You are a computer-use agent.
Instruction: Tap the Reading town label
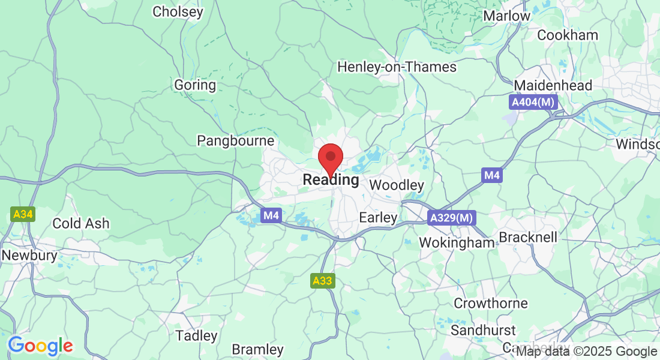[331, 180]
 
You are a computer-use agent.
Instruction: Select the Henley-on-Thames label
[397, 67]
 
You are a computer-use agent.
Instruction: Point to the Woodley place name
[397, 185]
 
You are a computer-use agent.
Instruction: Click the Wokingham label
[457, 242]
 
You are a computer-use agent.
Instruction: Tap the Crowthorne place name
[491, 304]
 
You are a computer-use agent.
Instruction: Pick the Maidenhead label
[553, 85]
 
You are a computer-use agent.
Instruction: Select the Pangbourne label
[236, 141]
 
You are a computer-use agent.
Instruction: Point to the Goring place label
[195, 85]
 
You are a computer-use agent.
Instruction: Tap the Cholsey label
[178, 11]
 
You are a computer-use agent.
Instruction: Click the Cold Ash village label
[81, 223]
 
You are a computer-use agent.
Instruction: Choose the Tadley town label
[196, 335]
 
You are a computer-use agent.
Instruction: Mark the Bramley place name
[257, 349]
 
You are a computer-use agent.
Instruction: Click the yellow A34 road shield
[23, 214]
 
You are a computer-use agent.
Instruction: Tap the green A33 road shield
[323, 280]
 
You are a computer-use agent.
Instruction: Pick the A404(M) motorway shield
[533, 103]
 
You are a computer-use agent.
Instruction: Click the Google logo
[40, 346]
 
